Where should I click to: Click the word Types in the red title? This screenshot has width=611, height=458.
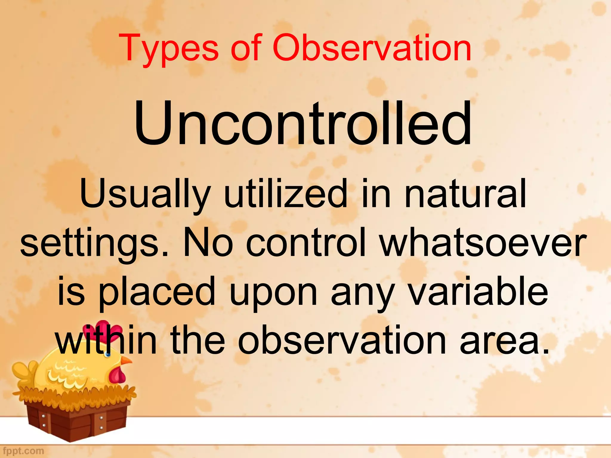click(169, 48)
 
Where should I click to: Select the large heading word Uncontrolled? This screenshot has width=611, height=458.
click(303, 124)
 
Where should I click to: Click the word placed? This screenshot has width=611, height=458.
click(157, 292)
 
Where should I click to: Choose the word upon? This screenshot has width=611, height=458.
click(273, 294)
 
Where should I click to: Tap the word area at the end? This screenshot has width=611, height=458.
click(504, 341)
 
